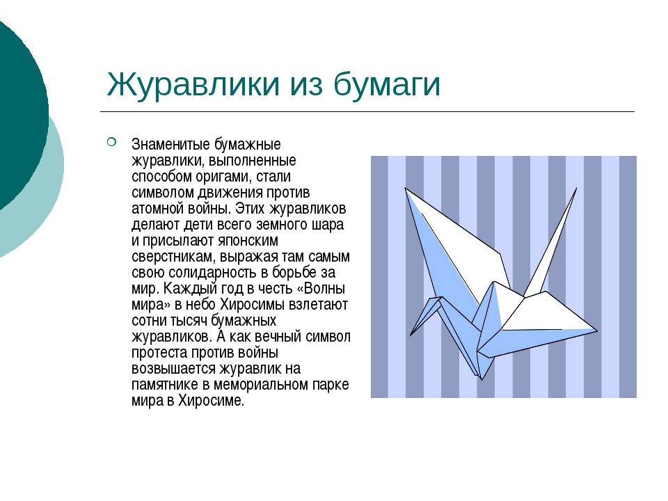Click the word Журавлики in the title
[193, 84]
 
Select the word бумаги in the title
[387, 85]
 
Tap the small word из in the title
[307, 85]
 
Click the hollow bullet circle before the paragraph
[111, 142]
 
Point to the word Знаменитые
[171, 145]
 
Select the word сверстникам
[174, 257]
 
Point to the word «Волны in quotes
[320, 289]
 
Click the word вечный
[278, 337]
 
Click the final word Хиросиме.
[211, 401]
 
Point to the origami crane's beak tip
[411, 335]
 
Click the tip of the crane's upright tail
[576, 188]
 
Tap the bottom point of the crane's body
[482, 380]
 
